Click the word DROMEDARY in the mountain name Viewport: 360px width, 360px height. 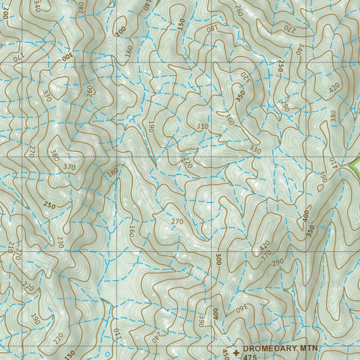coord(268,349)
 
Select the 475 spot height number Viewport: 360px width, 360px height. coord(249,357)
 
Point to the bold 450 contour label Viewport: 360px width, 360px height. coord(225,353)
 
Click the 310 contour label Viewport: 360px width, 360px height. coord(202,126)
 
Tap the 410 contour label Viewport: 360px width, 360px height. coord(333,162)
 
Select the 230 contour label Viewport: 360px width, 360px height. coord(60,243)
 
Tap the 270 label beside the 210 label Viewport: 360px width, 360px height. coord(18,255)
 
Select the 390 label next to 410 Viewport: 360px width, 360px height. coord(322,176)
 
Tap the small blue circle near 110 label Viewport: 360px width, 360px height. coord(108,353)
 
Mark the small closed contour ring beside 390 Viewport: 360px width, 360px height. coord(320,188)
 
